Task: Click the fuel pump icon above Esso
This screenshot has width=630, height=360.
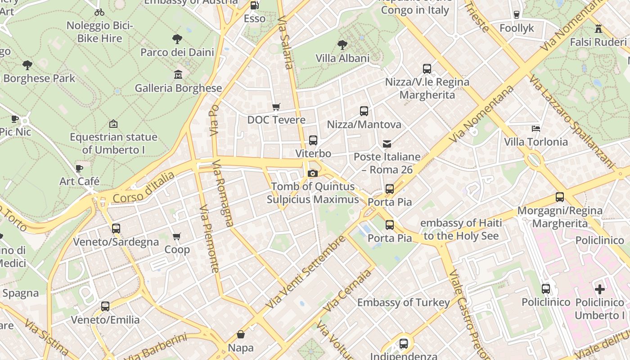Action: click(254, 5)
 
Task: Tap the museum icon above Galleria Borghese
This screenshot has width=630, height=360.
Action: click(178, 74)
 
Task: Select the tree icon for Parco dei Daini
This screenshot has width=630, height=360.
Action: click(177, 39)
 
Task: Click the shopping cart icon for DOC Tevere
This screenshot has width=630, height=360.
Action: click(276, 107)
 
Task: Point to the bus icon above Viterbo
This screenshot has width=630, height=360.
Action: click(313, 140)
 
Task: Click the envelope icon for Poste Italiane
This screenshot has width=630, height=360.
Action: click(387, 144)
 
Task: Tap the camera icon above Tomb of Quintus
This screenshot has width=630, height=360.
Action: click(313, 173)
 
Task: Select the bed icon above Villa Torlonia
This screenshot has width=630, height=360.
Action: click(535, 129)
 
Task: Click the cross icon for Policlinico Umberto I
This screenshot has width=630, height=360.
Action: click(599, 289)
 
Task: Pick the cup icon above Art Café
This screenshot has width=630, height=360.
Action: click(79, 168)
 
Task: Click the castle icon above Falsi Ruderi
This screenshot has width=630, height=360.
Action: click(598, 29)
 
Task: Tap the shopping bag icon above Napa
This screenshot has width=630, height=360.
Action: click(241, 334)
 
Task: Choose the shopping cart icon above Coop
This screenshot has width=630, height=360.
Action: click(177, 236)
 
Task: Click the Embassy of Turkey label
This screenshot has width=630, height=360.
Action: click(403, 302)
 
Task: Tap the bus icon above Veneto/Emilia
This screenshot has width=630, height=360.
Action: click(105, 306)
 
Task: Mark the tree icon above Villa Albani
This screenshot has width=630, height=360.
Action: click(342, 45)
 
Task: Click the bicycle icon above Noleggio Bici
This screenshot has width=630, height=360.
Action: click(99, 12)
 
